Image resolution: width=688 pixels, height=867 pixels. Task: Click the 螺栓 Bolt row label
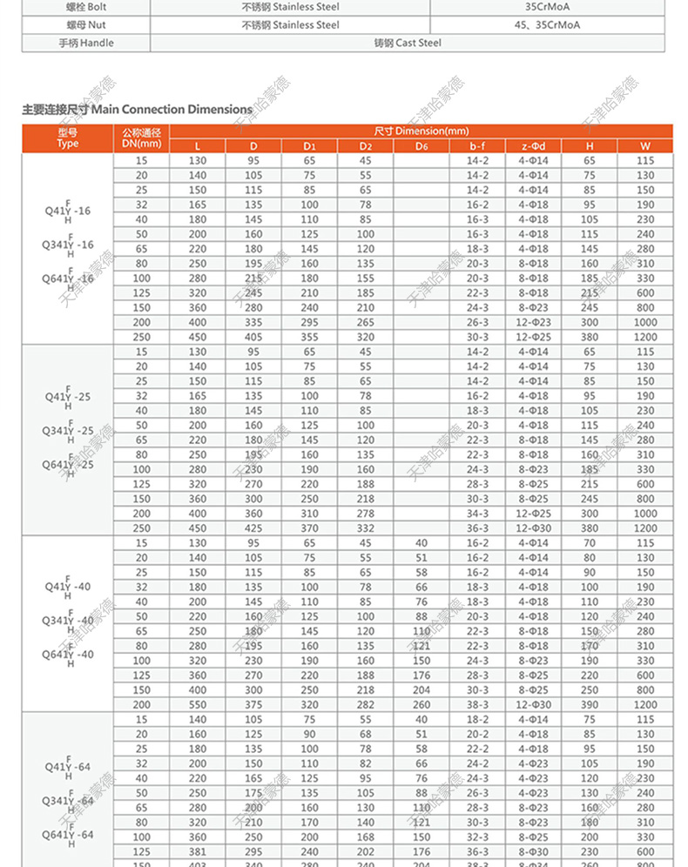(86, 7)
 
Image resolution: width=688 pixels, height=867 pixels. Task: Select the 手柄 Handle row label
(86, 43)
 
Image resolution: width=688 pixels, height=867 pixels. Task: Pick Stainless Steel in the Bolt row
(290, 7)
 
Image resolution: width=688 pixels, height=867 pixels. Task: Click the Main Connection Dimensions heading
(137, 110)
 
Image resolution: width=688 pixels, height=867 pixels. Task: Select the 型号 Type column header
(68, 138)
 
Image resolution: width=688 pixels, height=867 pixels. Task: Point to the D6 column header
(422, 146)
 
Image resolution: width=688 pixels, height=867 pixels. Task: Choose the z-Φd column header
(533, 146)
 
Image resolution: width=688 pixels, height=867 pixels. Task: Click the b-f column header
(477, 146)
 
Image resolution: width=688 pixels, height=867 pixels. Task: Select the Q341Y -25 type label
(68, 431)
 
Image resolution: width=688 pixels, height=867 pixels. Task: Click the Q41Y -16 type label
(68, 211)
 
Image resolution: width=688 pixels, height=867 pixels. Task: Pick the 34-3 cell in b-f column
(477, 514)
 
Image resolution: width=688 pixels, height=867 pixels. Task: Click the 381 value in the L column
(198, 850)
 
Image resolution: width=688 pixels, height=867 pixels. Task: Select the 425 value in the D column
(253, 528)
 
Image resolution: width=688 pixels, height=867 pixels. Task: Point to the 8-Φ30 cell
(533, 850)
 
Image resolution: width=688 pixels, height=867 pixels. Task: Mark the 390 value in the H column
(590, 704)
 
